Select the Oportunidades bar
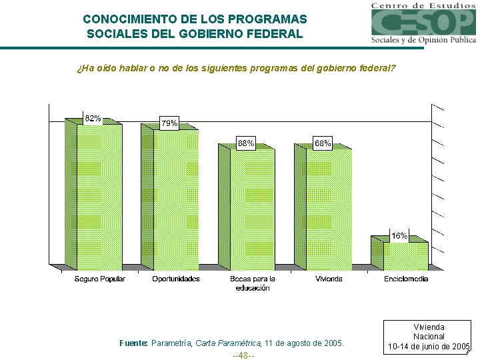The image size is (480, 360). click(x=175, y=200)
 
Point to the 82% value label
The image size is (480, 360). click(x=93, y=119)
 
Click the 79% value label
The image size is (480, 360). click(x=169, y=123)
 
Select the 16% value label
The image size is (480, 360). click(x=399, y=236)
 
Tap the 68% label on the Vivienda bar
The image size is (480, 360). click(x=323, y=143)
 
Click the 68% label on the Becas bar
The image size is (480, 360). click(x=246, y=143)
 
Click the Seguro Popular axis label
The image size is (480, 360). click(x=99, y=279)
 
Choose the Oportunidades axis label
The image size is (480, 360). click(x=176, y=279)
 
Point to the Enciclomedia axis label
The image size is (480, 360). click(x=406, y=279)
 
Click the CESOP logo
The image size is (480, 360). click(x=423, y=23)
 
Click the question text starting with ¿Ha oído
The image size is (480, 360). click(x=236, y=68)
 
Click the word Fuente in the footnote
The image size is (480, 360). click(x=133, y=343)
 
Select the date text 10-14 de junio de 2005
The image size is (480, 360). click(x=429, y=347)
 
